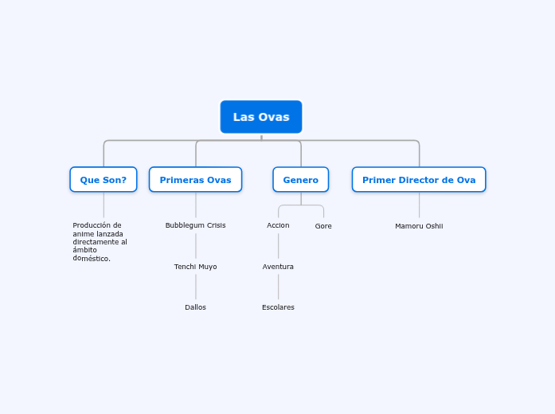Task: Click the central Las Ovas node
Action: [261, 117]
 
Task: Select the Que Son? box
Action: [104, 180]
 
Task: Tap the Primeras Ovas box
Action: [195, 180]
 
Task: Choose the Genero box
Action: [301, 180]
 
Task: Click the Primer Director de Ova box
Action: [419, 180]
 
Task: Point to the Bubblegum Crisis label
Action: [195, 225]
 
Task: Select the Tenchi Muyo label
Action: [195, 267]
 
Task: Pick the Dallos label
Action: [195, 307]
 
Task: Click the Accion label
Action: [278, 225]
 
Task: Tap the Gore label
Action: [323, 226]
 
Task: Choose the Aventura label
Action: [278, 267]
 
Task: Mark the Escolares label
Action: [278, 307]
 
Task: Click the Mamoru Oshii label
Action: [419, 226]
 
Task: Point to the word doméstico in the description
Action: [92, 258]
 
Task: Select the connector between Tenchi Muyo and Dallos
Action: [196, 287]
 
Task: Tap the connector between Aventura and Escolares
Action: [279, 287]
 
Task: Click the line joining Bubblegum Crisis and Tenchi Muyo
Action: [196, 246]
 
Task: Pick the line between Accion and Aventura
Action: [279, 246]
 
